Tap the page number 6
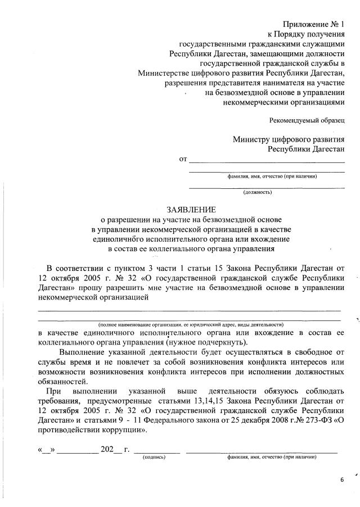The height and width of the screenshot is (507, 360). click(x=341, y=479)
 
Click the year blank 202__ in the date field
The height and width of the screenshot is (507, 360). click(x=111, y=449)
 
